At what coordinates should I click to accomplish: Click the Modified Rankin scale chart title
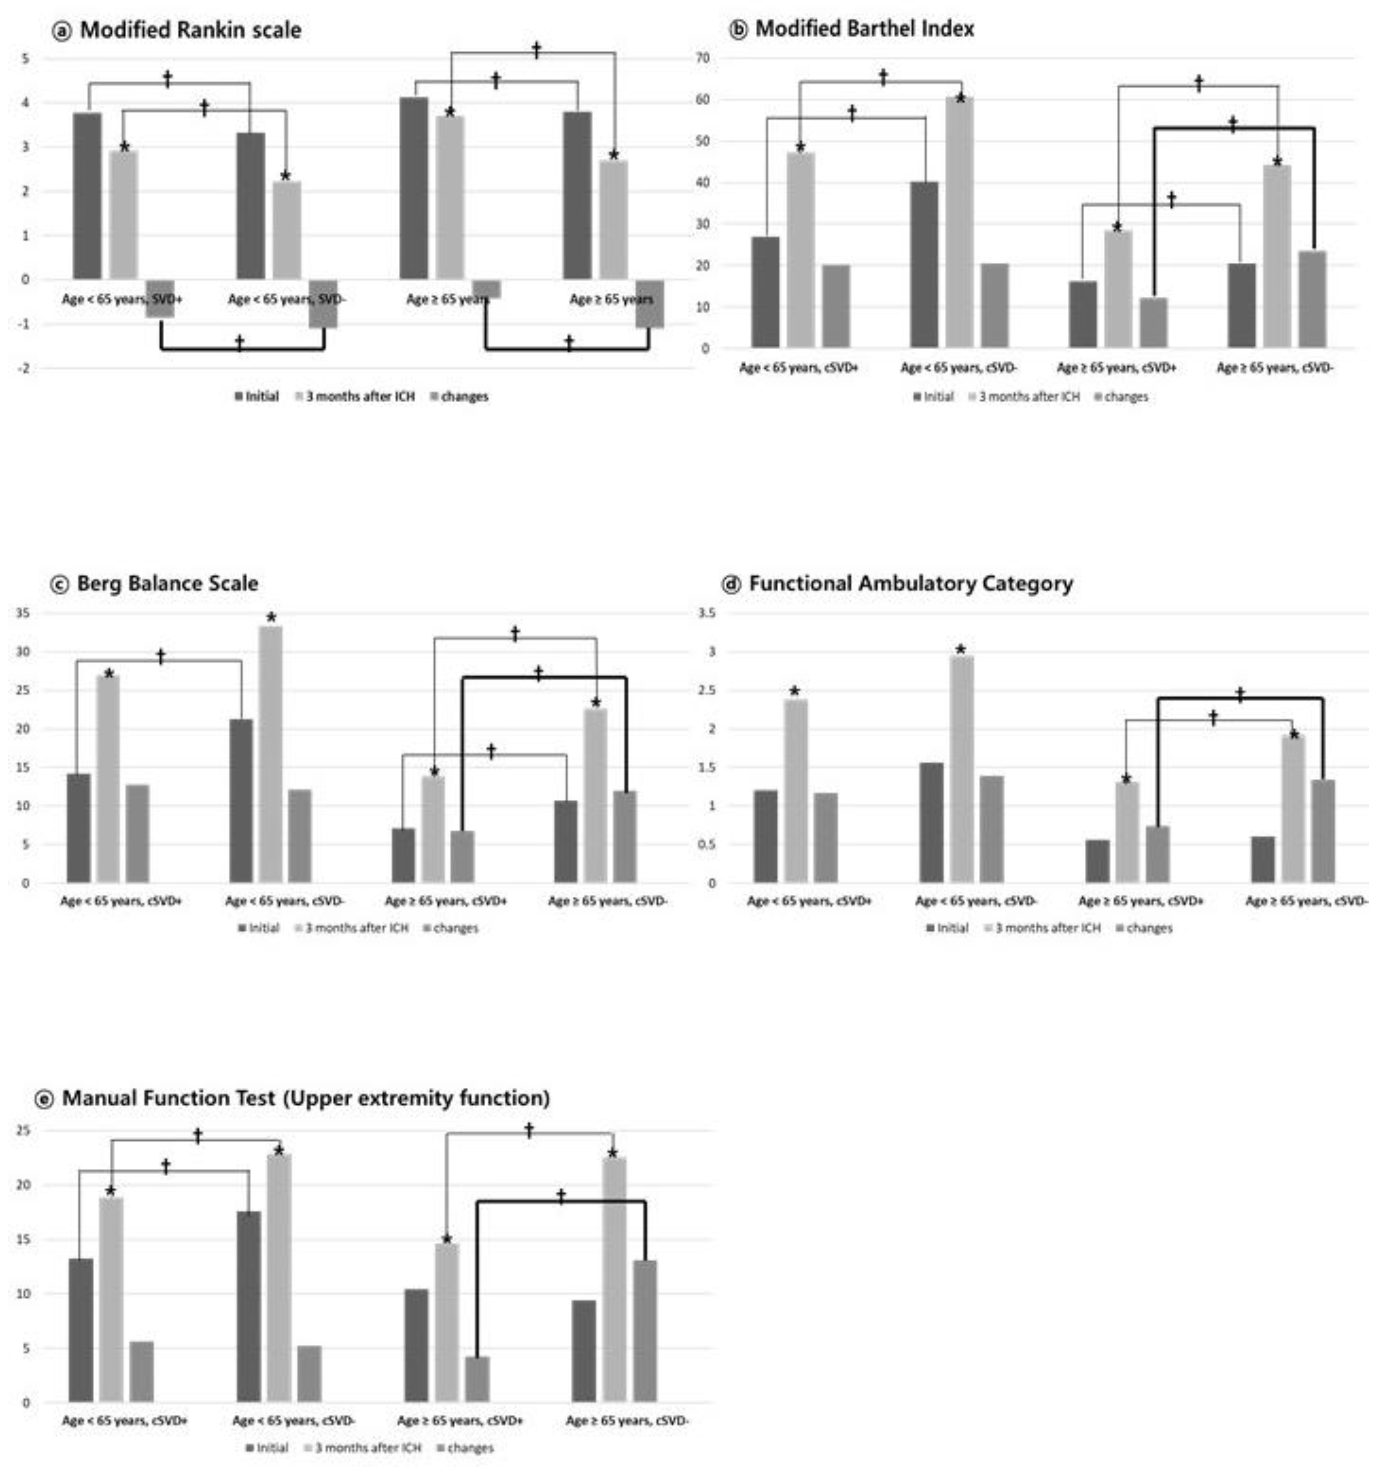tap(189, 30)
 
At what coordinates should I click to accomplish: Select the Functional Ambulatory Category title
tap(910, 583)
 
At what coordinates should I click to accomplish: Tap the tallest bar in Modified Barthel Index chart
tap(960, 223)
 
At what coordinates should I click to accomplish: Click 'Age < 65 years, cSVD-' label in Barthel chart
tap(959, 367)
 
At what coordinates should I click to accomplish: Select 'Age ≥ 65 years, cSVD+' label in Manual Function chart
tap(460, 1420)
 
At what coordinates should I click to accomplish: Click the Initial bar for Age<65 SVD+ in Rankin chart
tap(87, 197)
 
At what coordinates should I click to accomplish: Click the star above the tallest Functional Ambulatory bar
tap(961, 649)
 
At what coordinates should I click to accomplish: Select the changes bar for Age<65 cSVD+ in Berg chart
tap(137, 833)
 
